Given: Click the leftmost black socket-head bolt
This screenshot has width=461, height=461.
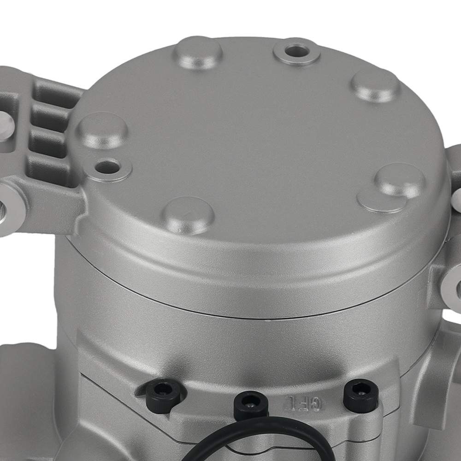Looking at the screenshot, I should click(x=162, y=395).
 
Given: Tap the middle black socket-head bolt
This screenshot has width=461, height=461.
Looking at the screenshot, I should click(x=250, y=404).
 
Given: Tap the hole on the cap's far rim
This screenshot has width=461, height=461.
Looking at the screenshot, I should click(x=296, y=52).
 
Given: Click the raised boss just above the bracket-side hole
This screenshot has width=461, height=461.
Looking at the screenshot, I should click(x=102, y=130).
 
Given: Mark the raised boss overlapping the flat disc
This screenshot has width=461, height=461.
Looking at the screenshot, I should click(x=399, y=180).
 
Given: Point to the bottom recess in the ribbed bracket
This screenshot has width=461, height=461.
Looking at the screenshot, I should click(x=46, y=169).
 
